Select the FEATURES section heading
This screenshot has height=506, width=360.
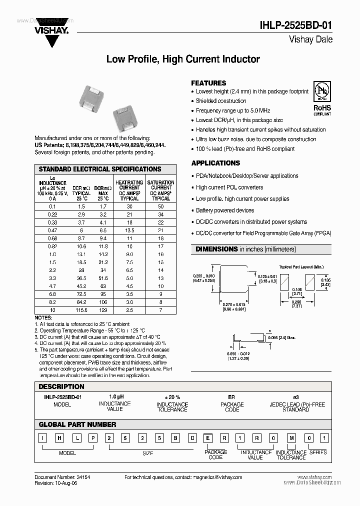(x=208, y=83)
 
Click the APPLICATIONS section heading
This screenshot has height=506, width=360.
(x=215, y=163)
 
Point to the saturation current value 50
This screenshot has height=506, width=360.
(x=161, y=206)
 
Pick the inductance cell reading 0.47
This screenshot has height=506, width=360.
(x=52, y=230)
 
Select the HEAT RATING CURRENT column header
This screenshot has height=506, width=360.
(x=129, y=190)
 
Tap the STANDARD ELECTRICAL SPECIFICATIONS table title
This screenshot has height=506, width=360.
(x=100, y=169)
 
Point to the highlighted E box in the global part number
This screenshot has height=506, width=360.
(x=207, y=439)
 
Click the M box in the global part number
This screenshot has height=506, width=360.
(x=291, y=439)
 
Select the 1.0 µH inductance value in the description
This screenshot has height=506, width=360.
(x=115, y=396)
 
